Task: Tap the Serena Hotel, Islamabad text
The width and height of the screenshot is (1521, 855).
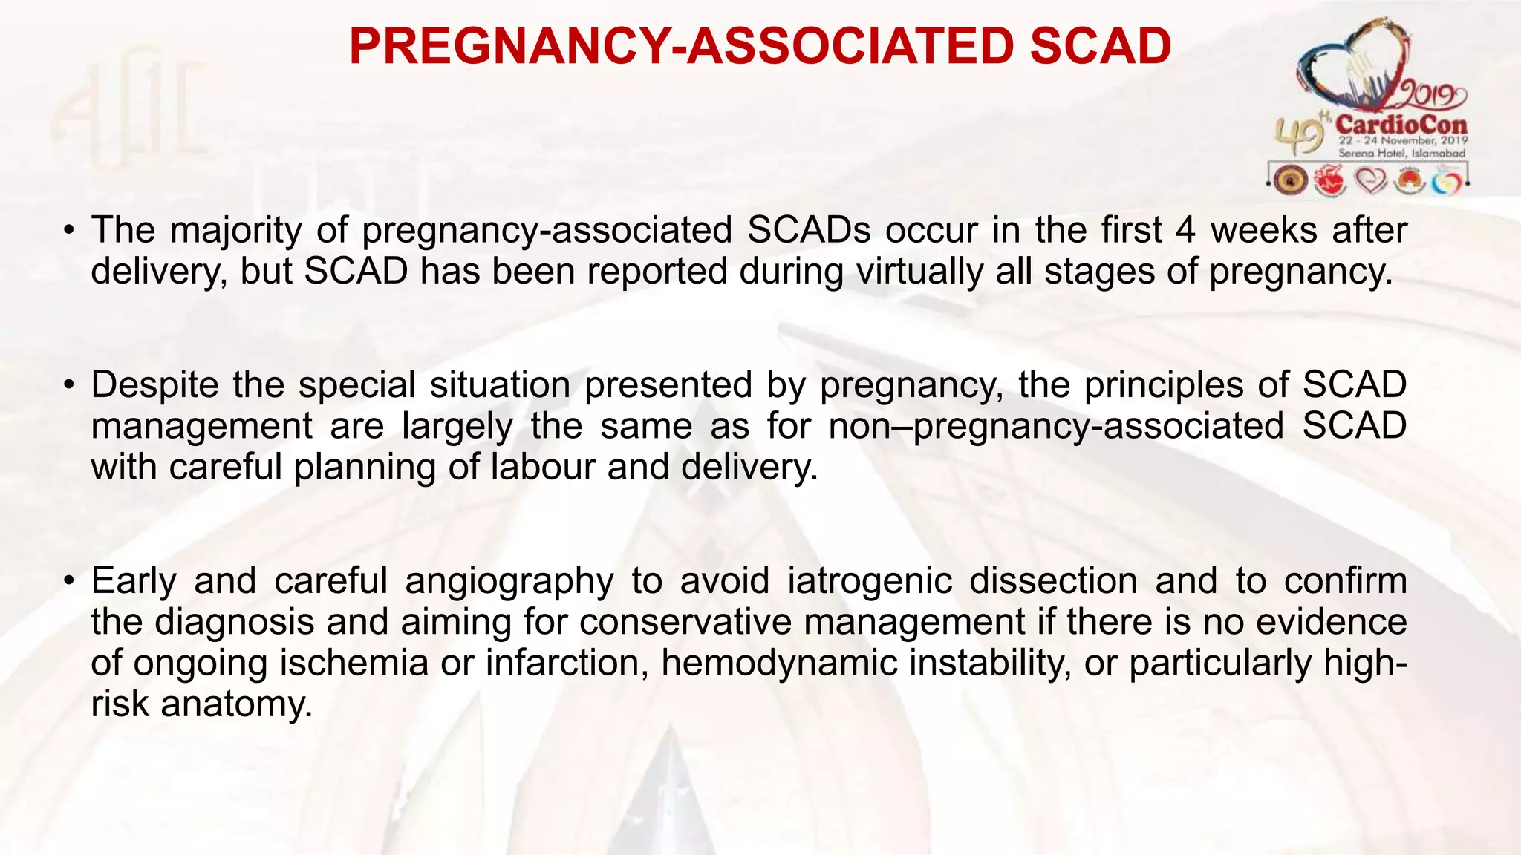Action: [x=1401, y=153]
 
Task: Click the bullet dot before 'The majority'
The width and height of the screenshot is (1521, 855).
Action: [x=68, y=231]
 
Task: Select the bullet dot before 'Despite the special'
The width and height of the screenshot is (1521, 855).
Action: [x=68, y=386]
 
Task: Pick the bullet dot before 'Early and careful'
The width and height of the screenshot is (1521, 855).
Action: [x=68, y=581]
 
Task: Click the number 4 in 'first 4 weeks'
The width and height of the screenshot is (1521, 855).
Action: [x=1185, y=230]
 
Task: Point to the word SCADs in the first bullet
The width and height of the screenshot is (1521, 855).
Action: [x=808, y=230]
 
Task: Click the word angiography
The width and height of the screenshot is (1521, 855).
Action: [x=509, y=581]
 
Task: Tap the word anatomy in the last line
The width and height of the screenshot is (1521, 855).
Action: [x=236, y=704]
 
